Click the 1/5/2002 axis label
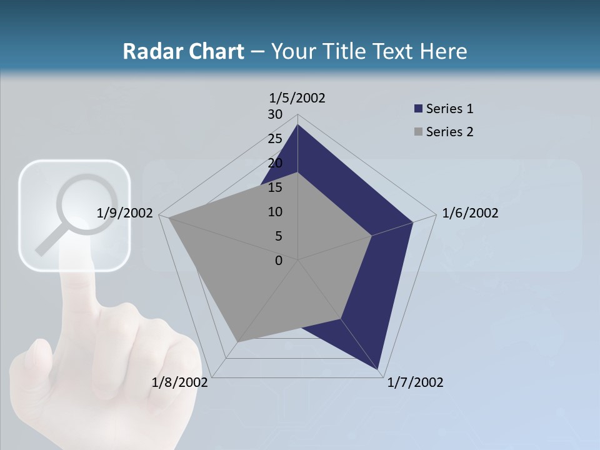297,97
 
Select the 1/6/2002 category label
470,213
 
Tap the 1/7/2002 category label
415,382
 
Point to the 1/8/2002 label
179,382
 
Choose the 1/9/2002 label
124,213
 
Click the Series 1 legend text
449,109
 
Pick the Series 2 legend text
449,132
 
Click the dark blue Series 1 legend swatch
418,109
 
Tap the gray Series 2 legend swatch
418,132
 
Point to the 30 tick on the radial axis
275,114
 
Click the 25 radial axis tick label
275,139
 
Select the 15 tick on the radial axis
275,187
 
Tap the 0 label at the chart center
279,261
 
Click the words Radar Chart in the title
183,51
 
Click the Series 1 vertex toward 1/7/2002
378,369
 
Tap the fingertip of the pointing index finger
76,250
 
